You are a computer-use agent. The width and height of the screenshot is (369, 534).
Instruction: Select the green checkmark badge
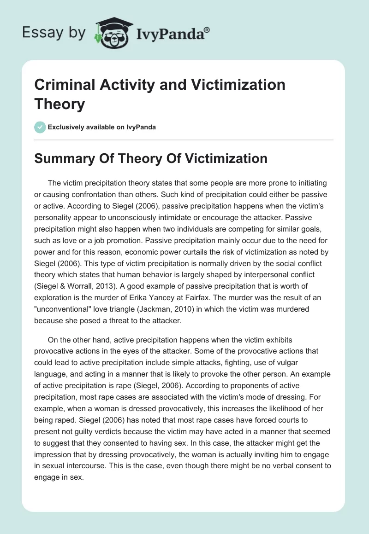39,127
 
